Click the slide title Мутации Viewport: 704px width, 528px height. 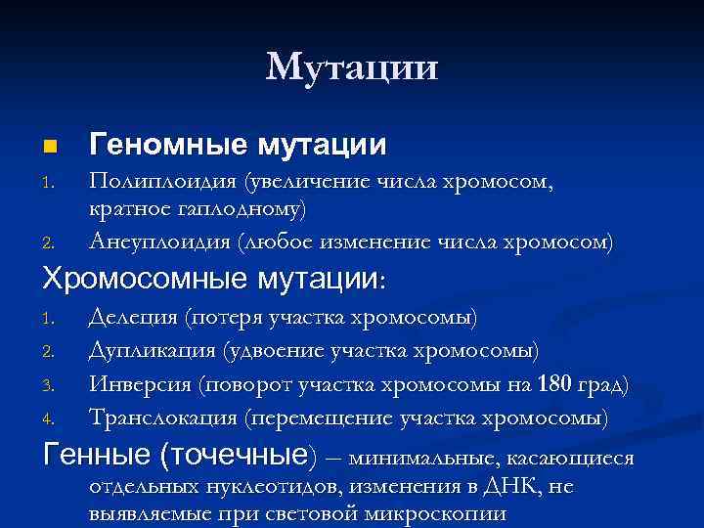pyautogui.click(x=352, y=67)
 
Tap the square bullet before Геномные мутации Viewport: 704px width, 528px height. pyautogui.click(x=51, y=148)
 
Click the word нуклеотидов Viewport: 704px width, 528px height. pyautogui.click(x=242, y=487)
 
